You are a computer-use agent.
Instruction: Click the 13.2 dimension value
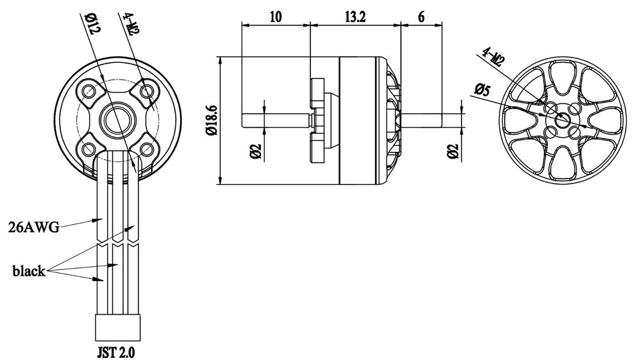tap(355, 17)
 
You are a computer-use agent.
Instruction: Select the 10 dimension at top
tap(275, 17)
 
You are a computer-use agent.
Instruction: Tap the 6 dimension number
tap(421, 17)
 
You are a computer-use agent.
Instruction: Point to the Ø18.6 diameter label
tap(212, 120)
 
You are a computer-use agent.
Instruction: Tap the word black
tap(29, 271)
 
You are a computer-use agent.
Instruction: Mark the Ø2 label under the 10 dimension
tap(255, 151)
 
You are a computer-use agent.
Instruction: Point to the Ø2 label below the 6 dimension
tap(453, 151)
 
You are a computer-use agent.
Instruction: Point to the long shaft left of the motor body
tap(274, 120)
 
